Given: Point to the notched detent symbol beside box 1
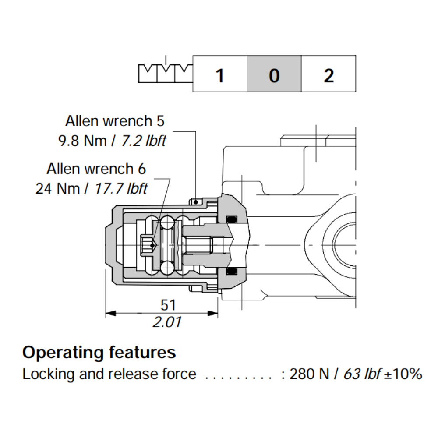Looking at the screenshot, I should (x=165, y=73).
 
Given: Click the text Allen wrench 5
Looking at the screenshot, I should (x=115, y=120).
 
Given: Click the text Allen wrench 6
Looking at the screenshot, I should (x=96, y=168).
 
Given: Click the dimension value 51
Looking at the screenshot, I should (x=167, y=304).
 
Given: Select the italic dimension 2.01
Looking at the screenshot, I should (x=167, y=323).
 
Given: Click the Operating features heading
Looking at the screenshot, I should (x=99, y=352).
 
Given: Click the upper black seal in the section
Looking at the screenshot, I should (x=231, y=219).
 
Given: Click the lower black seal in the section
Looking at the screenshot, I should (x=231, y=272).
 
